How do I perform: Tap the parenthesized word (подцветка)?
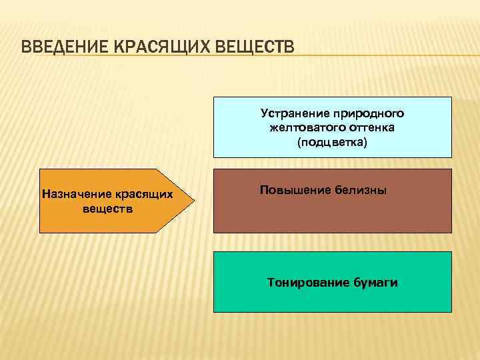[x=332, y=143]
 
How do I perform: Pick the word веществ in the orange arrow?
[x=107, y=209]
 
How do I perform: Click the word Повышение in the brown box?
[x=291, y=190]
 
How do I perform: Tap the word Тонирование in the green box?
[x=306, y=283]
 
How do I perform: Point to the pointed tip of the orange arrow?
[x=197, y=200]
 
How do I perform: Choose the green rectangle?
[x=332, y=300]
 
